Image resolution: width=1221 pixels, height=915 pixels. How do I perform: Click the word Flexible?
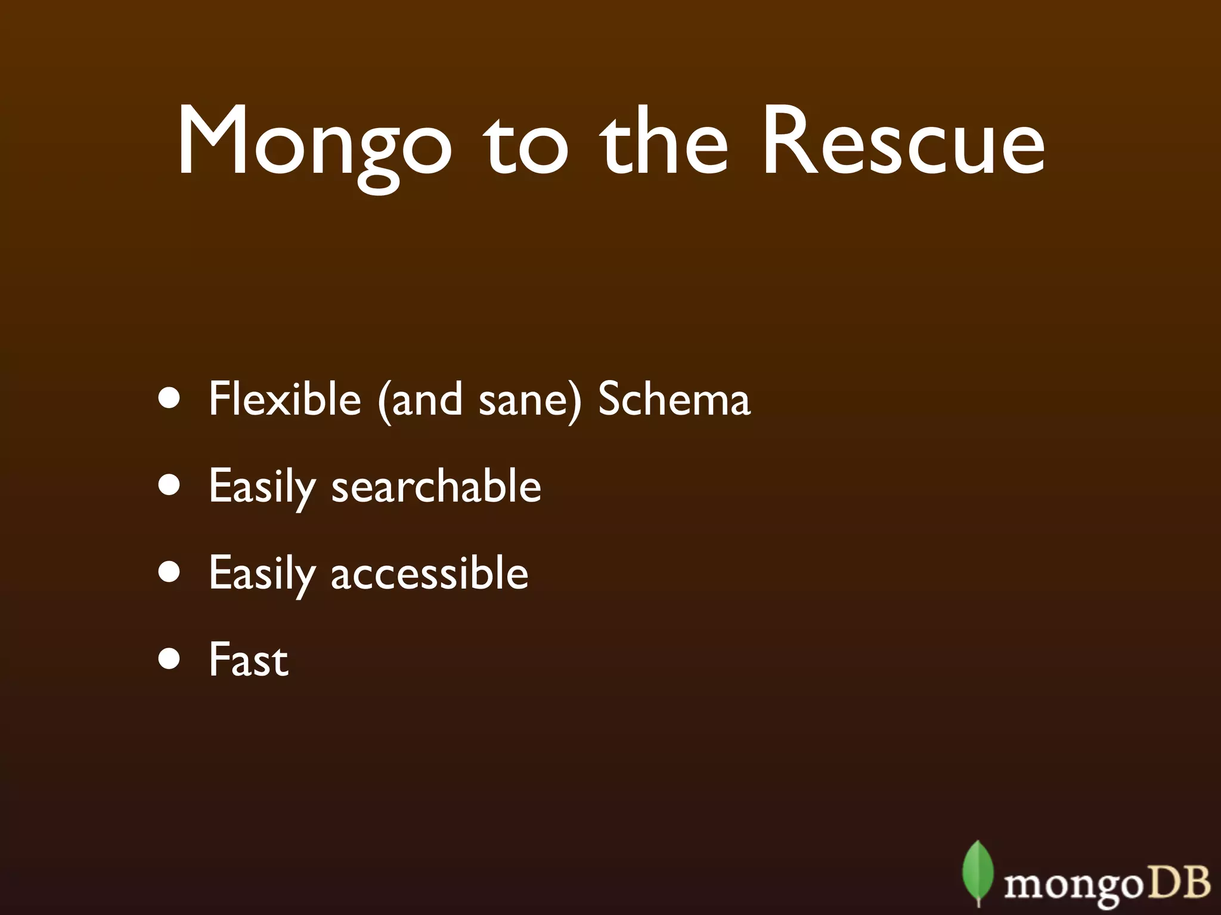(x=285, y=399)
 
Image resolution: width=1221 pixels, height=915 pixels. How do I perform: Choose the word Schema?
(x=674, y=399)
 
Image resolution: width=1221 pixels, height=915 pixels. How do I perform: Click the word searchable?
(x=436, y=486)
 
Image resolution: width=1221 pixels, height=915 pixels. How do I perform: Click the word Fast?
(x=249, y=659)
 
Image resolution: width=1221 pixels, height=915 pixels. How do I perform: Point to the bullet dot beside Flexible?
(x=170, y=399)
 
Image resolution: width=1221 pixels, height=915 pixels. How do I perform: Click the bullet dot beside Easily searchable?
(x=170, y=485)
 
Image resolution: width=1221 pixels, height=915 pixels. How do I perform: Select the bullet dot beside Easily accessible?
(x=170, y=572)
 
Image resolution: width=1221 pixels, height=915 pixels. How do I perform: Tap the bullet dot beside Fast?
(x=170, y=659)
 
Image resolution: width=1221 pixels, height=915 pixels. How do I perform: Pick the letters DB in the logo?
(x=1177, y=882)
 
